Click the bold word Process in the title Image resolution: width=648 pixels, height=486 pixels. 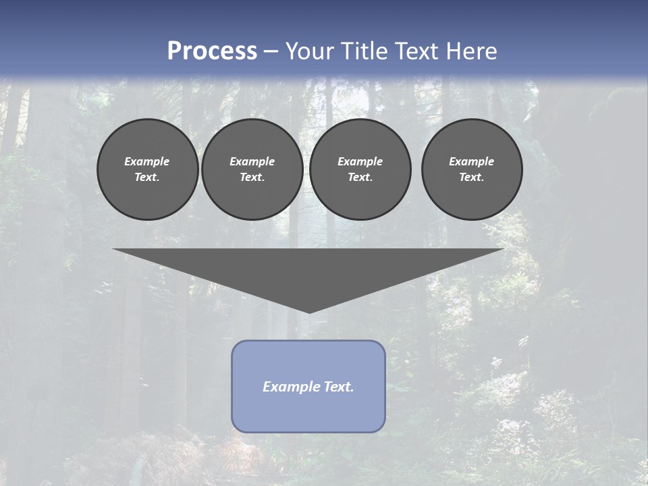tap(212, 51)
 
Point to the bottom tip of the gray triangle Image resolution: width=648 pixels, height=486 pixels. tap(309, 311)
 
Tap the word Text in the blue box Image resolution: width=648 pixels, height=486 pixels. tap(338, 387)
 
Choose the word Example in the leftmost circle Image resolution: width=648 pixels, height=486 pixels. tap(147, 161)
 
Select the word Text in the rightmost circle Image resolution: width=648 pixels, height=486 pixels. tap(471, 177)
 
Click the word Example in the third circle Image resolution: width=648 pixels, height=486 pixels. tap(360, 161)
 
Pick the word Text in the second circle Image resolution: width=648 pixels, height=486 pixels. tap(252, 177)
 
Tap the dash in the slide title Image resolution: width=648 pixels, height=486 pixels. tap(271, 51)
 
